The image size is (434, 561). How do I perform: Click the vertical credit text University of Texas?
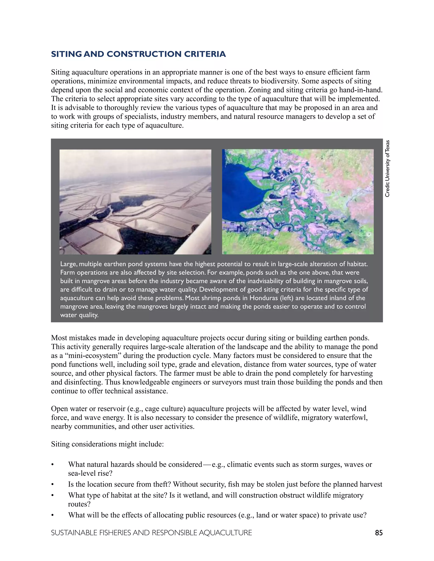point(387,169)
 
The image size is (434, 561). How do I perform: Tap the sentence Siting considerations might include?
point(107,444)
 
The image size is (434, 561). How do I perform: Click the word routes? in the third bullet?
point(79,504)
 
